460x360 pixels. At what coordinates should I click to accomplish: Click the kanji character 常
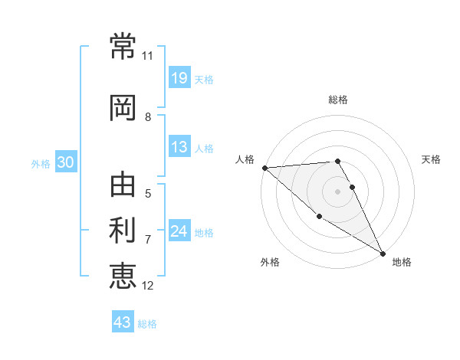[123, 45]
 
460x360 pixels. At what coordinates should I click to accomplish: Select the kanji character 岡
[123, 107]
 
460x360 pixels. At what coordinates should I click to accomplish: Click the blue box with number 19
[179, 78]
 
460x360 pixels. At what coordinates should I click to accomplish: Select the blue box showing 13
[179, 147]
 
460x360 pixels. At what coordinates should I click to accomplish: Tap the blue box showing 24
[179, 231]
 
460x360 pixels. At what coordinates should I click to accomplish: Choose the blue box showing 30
[65, 162]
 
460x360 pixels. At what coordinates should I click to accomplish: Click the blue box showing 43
[123, 322]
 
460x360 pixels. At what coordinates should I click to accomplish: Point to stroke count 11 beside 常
[147, 56]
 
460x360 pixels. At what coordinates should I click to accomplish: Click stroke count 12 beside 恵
[147, 285]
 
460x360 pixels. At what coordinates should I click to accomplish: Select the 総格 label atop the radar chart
[338, 100]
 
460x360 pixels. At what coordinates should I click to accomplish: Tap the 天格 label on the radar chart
[431, 159]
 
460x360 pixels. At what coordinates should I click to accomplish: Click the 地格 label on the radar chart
[402, 262]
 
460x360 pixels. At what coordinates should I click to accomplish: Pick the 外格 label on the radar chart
[270, 262]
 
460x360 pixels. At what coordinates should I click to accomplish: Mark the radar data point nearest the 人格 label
[264, 168]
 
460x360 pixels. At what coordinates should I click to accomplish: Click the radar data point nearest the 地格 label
[383, 253]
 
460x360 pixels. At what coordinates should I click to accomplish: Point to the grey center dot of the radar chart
[338, 191]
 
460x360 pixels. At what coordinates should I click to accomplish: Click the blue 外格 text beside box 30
[41, 163]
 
